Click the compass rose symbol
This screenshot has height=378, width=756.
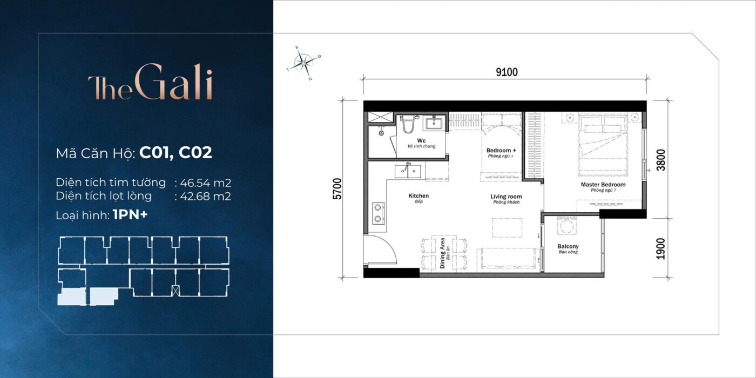coord(304,63)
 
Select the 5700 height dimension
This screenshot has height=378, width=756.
coord(338,189)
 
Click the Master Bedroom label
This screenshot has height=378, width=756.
coord(603,187)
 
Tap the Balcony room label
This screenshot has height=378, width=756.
coord(568,249)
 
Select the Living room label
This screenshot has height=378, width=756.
coord(505,199)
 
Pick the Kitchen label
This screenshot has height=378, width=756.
coord(418,198)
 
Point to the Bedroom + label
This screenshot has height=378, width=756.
coord(501,153)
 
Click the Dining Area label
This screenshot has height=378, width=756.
coord(443,253)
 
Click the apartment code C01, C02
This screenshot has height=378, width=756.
coord(175,153)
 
